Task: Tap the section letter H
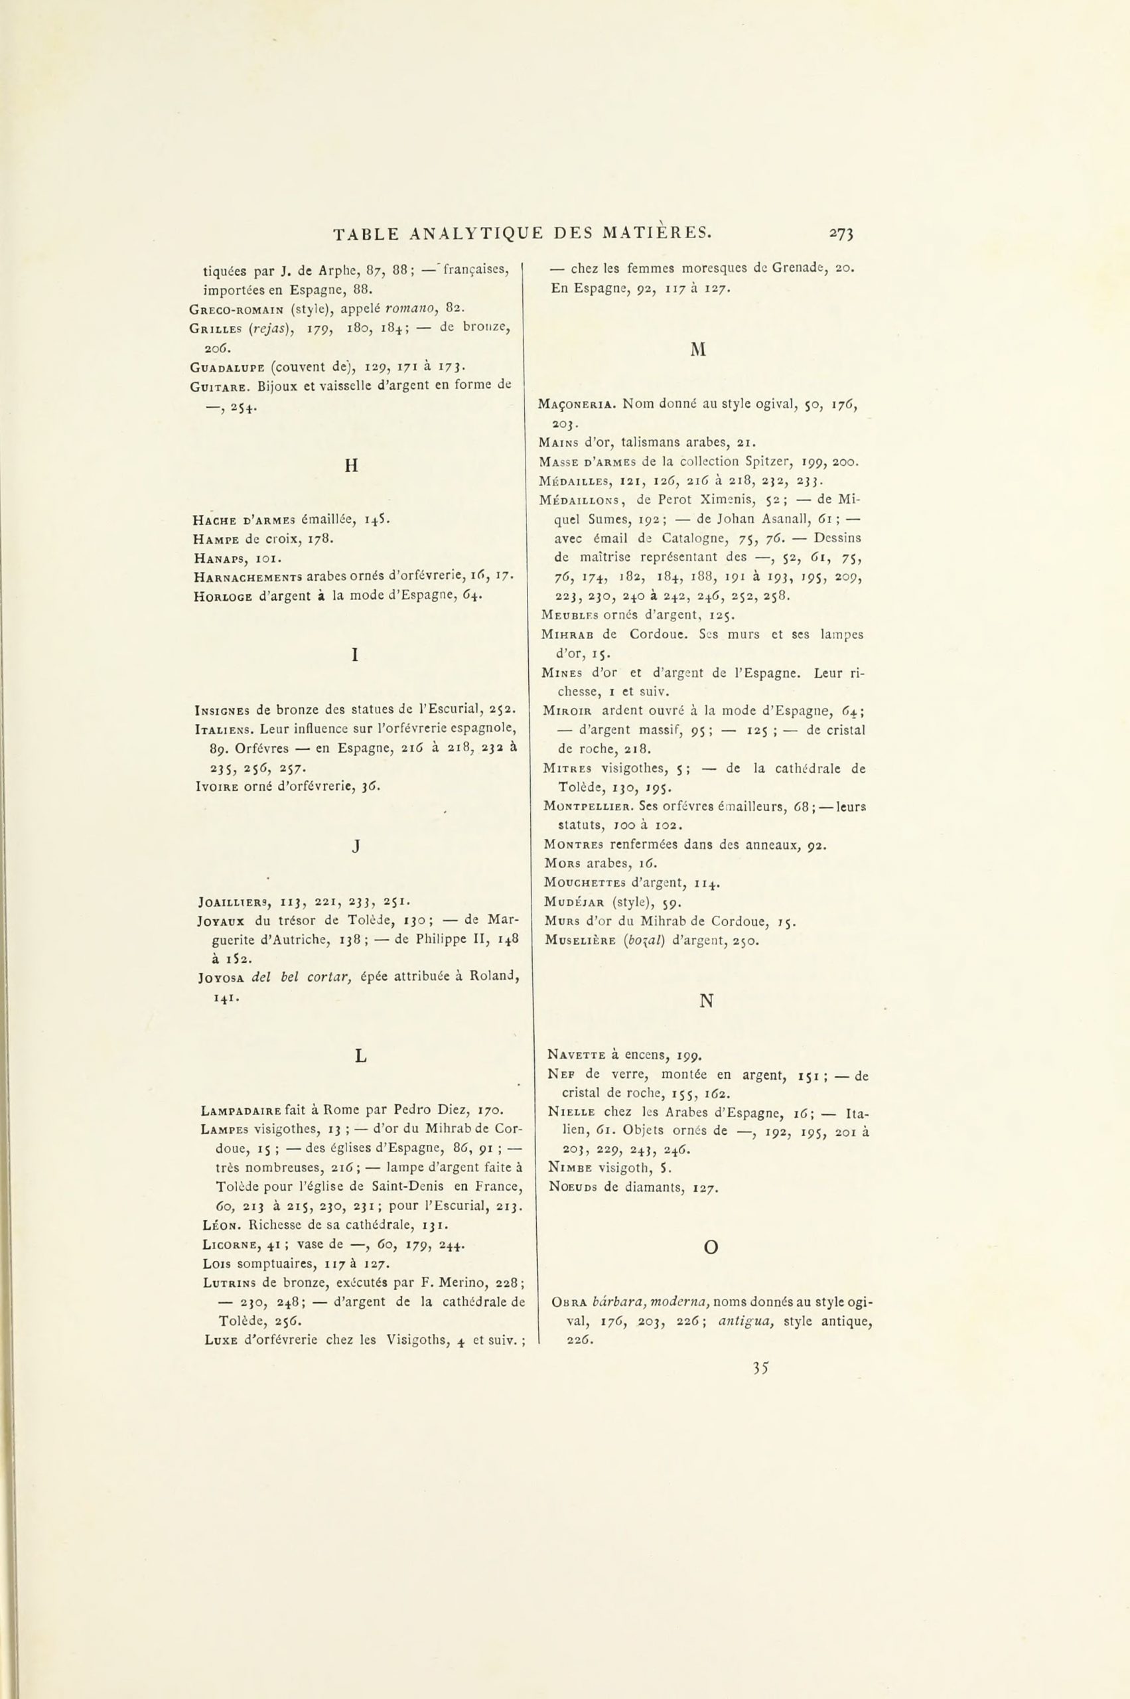pyautogui.click(x=352, y=466)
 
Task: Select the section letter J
pyautogui.click(x=356, y=848)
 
